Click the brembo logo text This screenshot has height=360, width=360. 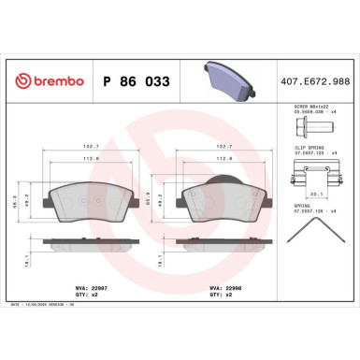point(44,82)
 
